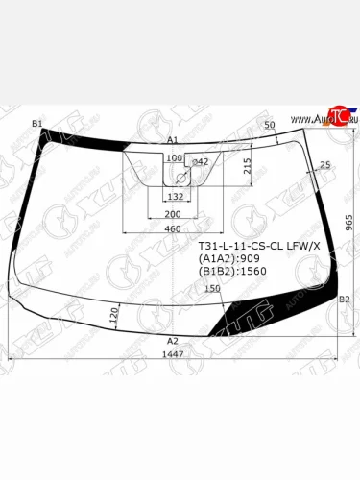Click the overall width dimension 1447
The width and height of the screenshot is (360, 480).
tap(173, 354)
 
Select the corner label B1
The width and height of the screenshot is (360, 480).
tap(37, 124)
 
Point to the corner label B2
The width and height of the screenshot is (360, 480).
tap(345, 300)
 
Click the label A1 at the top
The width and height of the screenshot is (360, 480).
tap(173, 140)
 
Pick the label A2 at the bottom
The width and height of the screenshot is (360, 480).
tap(173, 341)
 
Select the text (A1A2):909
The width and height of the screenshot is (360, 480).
tap(228, 258)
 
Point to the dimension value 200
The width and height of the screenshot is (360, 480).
tap(173, 213)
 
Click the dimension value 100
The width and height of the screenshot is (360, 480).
tap(174, 157)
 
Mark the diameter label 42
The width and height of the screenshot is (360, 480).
tap(201, 162)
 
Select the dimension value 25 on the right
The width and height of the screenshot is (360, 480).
tap(324, 166)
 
